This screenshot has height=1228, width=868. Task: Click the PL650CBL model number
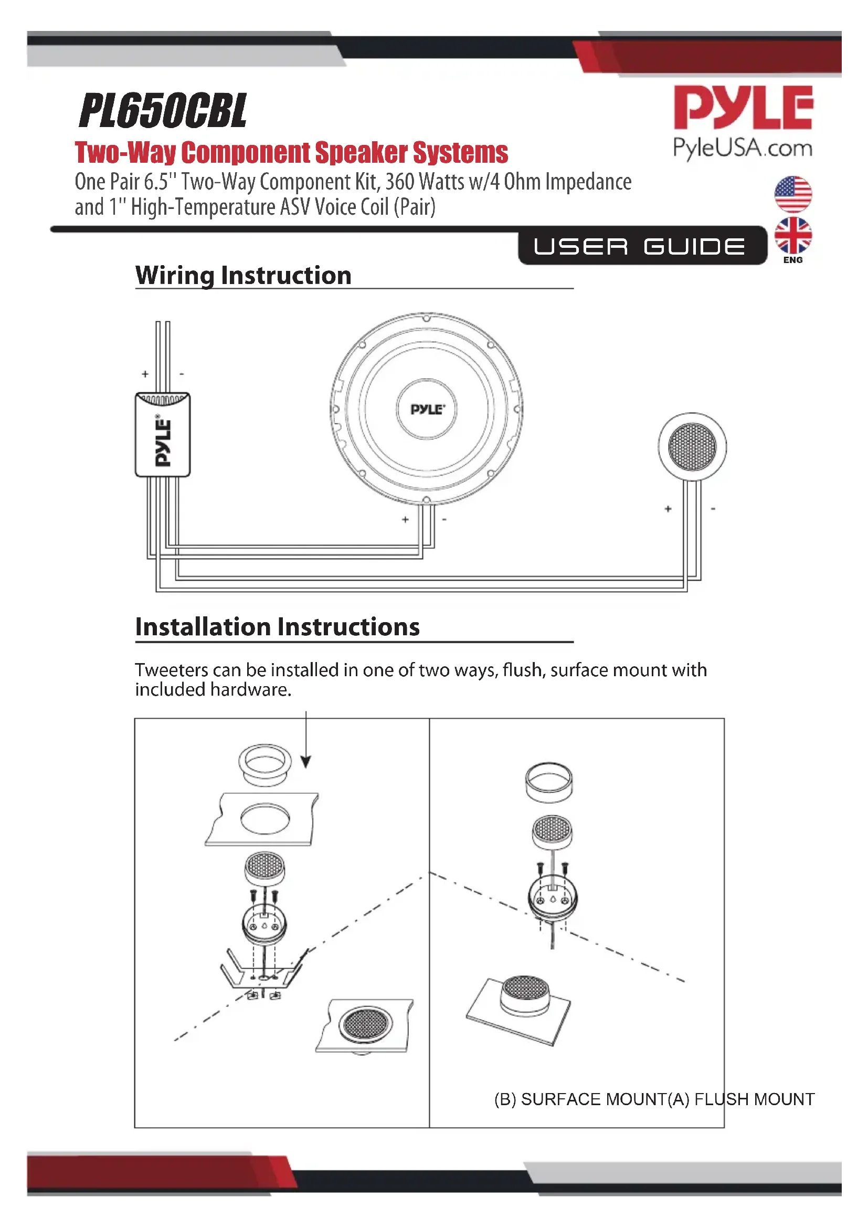163,111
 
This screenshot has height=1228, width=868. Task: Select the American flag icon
792,194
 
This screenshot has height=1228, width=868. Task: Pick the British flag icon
792,235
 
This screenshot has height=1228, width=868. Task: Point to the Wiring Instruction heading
243,276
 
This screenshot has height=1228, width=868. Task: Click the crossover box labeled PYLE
163,434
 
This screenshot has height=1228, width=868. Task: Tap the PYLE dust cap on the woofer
427,409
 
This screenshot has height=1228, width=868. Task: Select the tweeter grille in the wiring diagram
692,447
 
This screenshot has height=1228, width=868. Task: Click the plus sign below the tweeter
668,509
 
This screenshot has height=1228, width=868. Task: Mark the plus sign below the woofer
405,519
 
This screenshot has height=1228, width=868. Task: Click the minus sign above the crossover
182,374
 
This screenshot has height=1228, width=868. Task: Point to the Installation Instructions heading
277,627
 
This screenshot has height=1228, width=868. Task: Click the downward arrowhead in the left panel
306,762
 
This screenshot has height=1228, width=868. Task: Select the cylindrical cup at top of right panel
549,782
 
